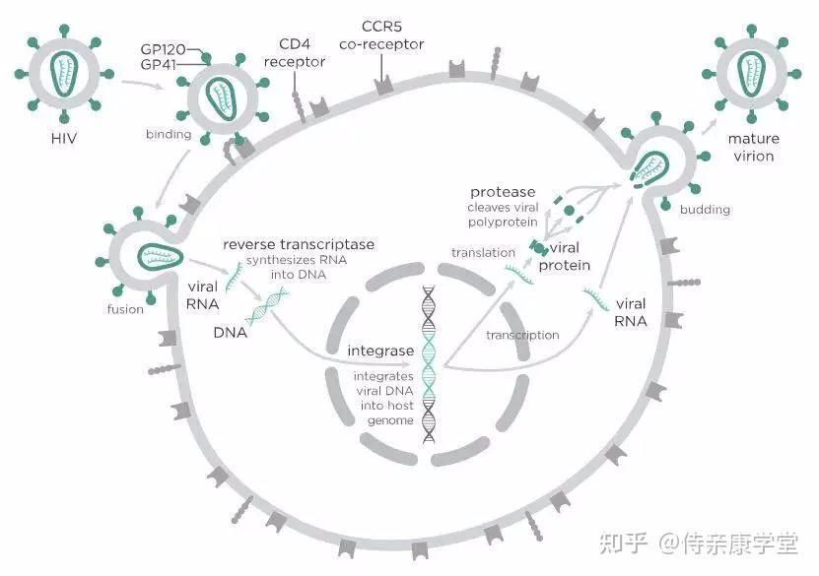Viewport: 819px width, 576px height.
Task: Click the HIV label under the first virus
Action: point(64,138)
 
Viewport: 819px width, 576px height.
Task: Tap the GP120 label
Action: point(163,49)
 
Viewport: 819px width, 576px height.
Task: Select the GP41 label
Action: point(159,64)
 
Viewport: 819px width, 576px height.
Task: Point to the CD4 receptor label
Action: point(295,53)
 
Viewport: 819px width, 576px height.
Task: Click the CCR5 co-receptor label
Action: point(381,35)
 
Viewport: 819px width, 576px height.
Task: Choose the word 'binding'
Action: point(169,134)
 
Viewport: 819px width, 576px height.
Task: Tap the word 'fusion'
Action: point(125,309)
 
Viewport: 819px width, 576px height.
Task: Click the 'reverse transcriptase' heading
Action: point(299,244)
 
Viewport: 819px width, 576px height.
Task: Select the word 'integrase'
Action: point(380,351)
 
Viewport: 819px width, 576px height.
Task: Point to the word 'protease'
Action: point(503,192)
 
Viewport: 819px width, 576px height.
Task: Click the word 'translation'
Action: point(483,252)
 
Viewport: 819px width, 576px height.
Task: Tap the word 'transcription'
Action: point(522,335)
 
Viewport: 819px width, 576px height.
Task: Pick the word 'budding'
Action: point(705,209)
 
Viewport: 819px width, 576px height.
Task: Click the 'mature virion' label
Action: point(753,147)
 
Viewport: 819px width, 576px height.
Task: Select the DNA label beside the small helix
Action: point(231,333)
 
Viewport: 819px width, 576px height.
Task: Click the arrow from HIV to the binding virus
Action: point(142,84)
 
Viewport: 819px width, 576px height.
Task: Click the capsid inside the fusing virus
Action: point(161,256)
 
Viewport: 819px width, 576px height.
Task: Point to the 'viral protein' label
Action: point(564,256)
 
